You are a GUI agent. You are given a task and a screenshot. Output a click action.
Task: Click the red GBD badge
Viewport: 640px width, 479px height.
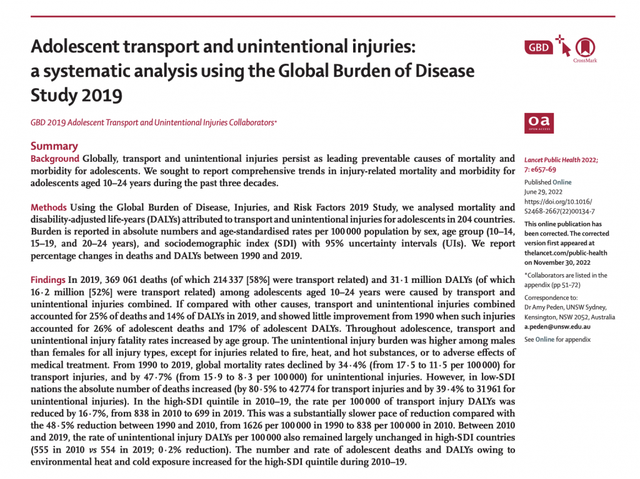tap(539, 47)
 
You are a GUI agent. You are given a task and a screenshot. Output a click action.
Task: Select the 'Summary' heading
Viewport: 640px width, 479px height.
tap(54, 146)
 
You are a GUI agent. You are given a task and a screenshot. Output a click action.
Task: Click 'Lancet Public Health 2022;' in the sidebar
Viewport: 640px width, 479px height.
tap(561, 160)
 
